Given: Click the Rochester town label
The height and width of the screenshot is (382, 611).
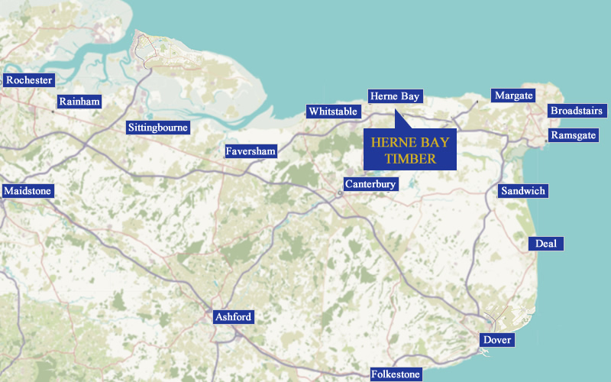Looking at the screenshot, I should [x=29, y=80].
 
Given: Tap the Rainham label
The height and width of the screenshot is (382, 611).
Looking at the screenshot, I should [x=79, y=102].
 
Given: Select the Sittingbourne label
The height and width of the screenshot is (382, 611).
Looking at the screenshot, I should [x=158, y=128].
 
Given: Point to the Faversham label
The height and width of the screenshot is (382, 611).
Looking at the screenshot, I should [x=251, y=151].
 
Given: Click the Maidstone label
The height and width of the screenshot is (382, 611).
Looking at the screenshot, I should [x=28, y=190].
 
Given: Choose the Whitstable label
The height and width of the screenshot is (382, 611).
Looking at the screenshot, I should [x=333, y=112].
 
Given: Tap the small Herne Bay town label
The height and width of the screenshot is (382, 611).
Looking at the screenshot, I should [x=394, y=96].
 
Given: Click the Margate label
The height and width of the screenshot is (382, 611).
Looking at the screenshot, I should [x=513, y=95].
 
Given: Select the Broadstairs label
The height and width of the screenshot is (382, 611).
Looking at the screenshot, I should [x=577, y=111].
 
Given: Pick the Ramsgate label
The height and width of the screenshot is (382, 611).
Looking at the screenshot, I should [x=573, y=135].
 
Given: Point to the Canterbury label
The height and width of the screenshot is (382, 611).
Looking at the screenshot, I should [x=370, y=184].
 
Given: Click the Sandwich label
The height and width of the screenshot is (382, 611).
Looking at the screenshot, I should [x=523, y=190].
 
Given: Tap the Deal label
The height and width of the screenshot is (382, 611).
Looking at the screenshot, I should [x=546, y=244].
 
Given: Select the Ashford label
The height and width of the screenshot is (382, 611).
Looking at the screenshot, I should [x=233, y=317].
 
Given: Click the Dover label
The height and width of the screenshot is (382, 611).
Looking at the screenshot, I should [x=497, y=340].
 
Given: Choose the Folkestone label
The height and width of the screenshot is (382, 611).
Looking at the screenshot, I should [x=396, y=374].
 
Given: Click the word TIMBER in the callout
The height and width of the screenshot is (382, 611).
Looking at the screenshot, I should [x=410, y=159].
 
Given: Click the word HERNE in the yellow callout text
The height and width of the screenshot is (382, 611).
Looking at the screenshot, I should [x=389, y=142].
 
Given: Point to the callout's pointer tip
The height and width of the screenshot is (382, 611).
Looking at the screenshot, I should [x=396, y=112].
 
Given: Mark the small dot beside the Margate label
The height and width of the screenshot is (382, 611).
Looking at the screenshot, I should [x=478, y=100].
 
